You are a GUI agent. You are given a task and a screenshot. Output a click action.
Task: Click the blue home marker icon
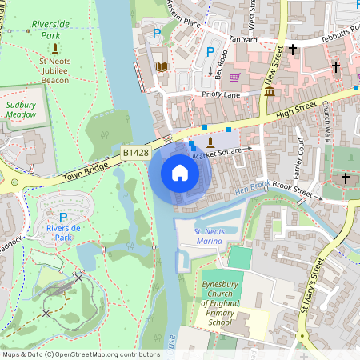coord(180,172)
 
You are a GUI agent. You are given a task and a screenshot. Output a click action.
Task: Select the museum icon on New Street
coord(270,93)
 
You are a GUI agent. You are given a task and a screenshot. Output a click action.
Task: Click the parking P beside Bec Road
coord(210,52)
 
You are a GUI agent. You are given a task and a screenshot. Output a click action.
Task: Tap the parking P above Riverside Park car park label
coord(63,217)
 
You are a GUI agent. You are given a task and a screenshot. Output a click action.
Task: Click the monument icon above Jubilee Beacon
coord(55,49)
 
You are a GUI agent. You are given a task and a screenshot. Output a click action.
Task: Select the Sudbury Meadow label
coord(22,110)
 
